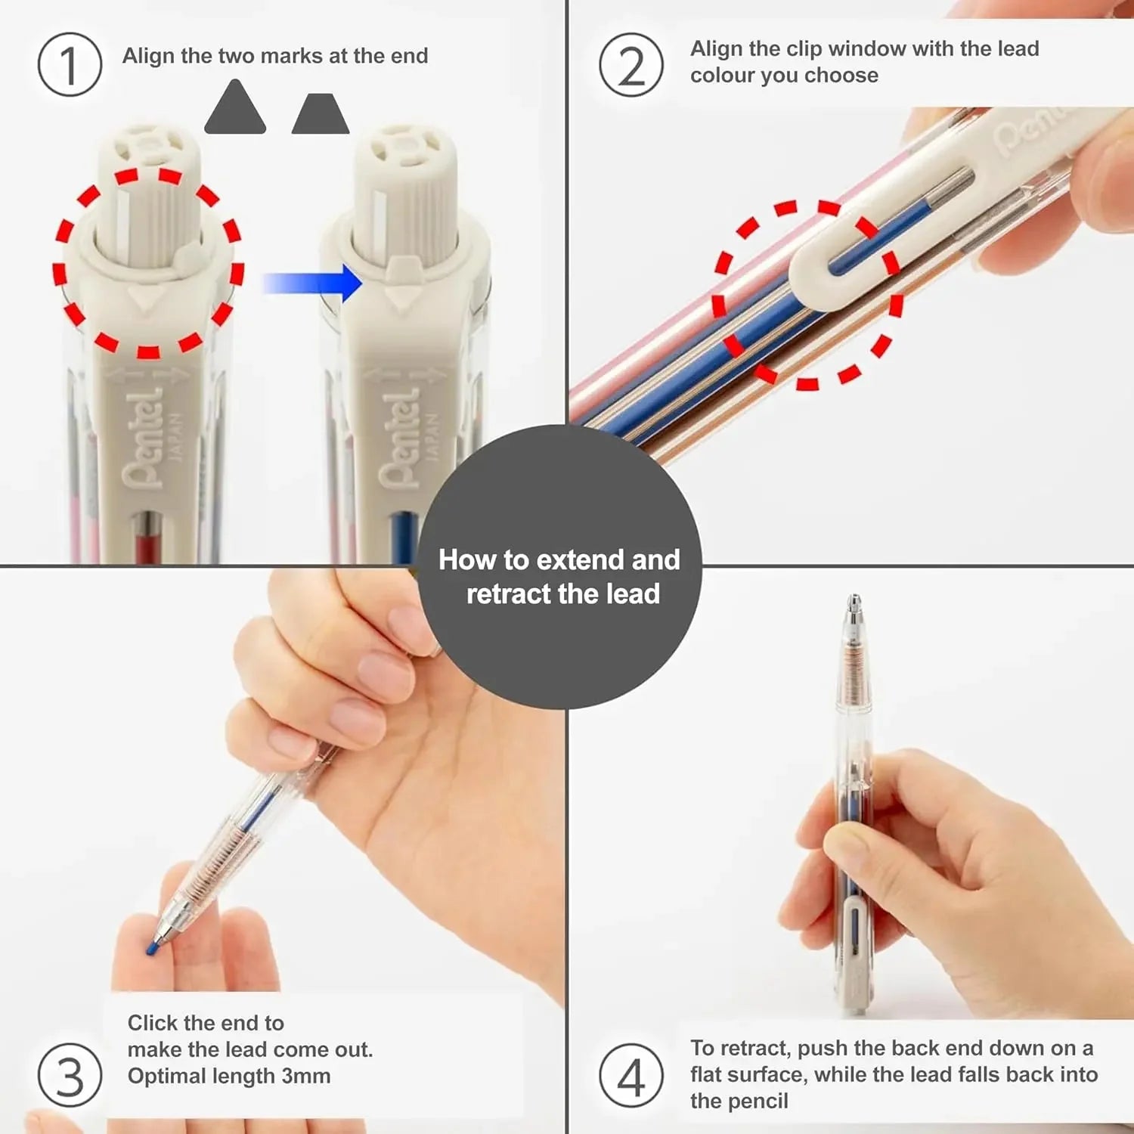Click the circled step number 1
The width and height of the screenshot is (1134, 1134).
pos(70,65)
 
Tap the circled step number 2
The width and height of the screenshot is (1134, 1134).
pos(631,65)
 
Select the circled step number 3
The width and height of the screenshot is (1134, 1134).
pos(70,1075)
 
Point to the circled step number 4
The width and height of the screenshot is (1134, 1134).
pos(631,1075)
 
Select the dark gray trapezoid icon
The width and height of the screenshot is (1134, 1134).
pos(321,115)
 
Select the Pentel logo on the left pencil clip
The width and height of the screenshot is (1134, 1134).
pos(143,438)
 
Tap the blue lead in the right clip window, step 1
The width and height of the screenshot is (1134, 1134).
pos(405,537)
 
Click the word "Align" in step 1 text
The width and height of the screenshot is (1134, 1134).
pos(149,56)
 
